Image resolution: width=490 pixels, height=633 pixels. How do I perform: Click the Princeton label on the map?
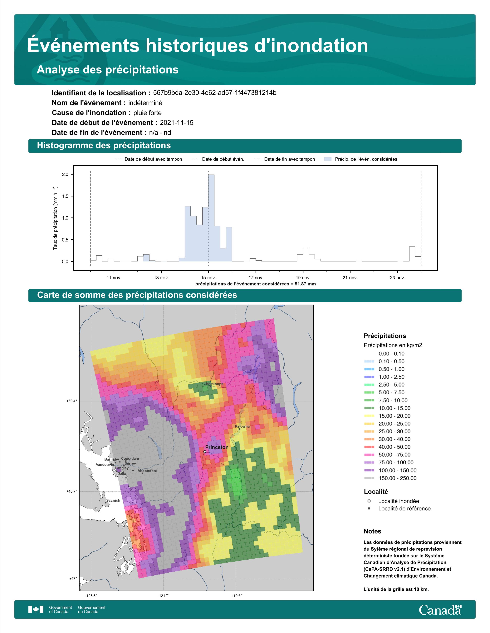point(217,447)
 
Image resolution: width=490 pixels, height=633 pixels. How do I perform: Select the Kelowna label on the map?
point(242,426)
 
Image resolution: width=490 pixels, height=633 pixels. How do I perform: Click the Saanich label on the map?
point(113,500)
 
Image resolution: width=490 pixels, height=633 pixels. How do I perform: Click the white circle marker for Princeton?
point(205,452)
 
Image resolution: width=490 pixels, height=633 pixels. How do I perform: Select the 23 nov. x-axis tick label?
point(397,278)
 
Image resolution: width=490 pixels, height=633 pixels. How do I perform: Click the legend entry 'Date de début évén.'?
point(218,159)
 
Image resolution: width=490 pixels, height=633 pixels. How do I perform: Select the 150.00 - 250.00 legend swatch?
point(369,478)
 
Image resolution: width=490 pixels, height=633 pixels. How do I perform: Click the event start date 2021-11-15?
point(176,123)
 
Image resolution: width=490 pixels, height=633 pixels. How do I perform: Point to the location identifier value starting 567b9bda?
point(214,93)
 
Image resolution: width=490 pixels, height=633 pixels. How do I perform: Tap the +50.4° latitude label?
point(72,401)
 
